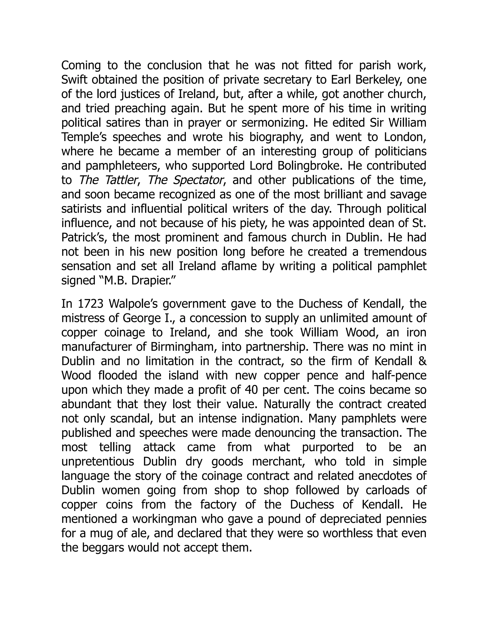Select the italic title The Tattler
click(x=107, y=180)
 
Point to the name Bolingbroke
click(x=309, y=166)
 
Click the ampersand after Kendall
click(x=423, y=361)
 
